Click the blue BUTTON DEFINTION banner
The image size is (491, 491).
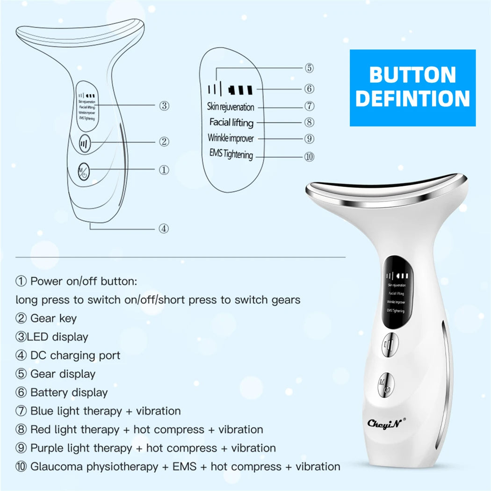point(412,87)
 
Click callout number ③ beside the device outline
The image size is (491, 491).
point(164,106)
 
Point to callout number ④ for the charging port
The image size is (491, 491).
point(163,229)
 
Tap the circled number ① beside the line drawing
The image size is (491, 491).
point(164,170)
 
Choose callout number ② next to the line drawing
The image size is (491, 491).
point(164,142)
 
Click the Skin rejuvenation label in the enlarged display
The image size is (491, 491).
point(231,107)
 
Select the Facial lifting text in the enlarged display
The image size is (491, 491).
point(231,123)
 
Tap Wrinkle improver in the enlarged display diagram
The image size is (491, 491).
point(231,139)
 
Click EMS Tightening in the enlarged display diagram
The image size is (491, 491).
point(231,154)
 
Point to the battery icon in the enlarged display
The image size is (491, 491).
point(240,88)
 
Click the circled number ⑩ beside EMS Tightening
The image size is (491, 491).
point(309,157)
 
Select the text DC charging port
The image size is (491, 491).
point(75,355)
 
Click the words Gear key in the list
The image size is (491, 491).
point(53,318)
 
